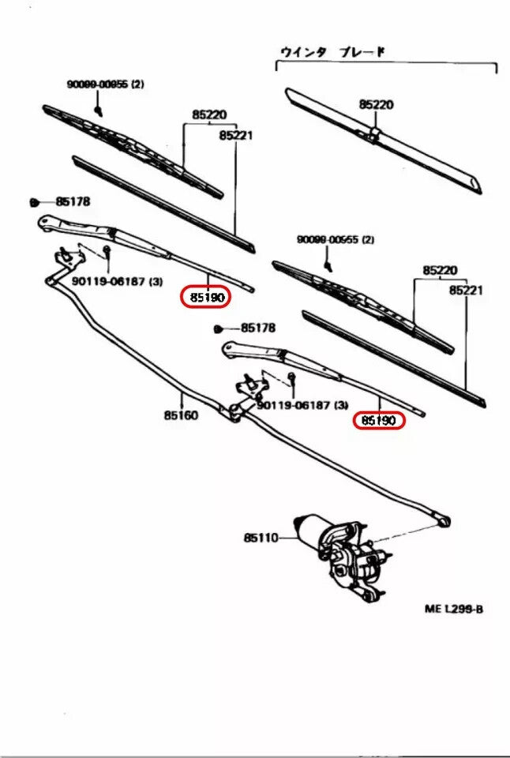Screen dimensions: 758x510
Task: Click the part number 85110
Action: pos(261,538)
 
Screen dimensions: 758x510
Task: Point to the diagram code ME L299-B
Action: pos(452,610)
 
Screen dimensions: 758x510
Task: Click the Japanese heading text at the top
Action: pos(332,52)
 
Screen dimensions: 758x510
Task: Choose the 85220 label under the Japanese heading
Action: pos(376,104)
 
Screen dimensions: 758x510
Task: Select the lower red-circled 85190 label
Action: pos(379,421)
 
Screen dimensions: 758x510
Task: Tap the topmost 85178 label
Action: pos(73,202)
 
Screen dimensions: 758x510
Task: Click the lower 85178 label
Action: pos(257,327)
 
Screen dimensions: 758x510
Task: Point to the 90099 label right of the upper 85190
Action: pos(336,239)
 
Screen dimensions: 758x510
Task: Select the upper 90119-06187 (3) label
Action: pos(117,281)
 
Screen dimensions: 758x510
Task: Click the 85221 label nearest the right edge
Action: pos(466,291)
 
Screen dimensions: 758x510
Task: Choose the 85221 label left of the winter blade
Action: pos(235,135)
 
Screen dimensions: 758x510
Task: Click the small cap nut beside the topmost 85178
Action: pos(36,202)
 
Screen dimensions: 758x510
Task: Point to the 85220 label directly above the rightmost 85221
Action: pos(440,270)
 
